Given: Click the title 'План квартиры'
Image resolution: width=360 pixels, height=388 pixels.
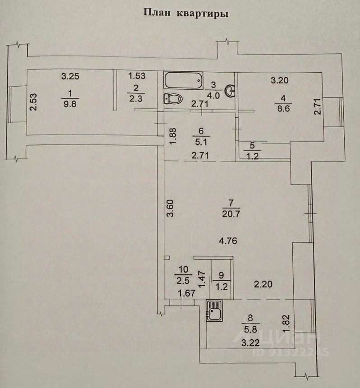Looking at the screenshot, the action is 186,13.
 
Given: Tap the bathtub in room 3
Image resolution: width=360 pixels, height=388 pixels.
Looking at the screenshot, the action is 183,81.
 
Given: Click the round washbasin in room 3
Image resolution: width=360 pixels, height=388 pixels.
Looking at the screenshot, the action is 231,91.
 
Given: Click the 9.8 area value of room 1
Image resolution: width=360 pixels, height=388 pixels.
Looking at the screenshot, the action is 69,102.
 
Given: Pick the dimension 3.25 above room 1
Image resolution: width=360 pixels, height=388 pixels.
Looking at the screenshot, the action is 70,76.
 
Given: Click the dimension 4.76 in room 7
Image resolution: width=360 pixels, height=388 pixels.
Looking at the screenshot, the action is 228,240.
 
